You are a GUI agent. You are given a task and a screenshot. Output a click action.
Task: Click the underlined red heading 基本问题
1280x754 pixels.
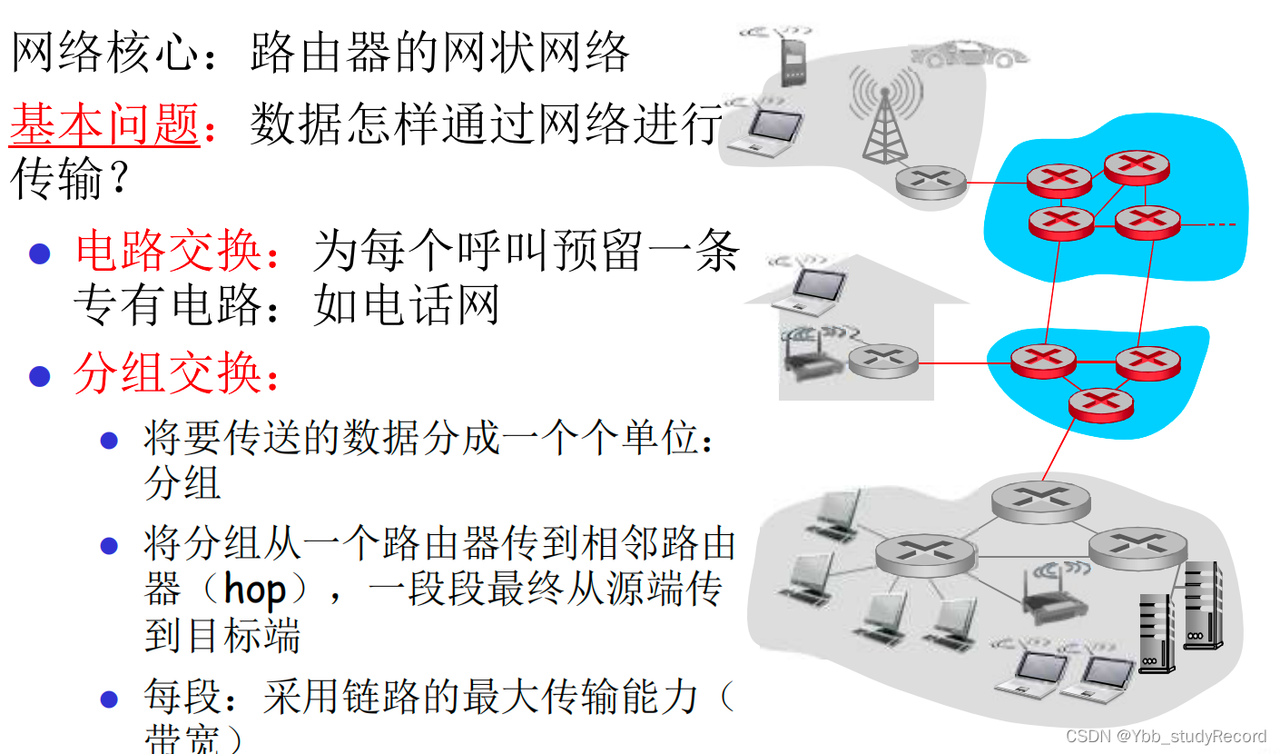pyautogui.click(x=104, y=124)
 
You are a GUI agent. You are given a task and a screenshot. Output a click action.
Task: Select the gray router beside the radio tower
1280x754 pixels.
pyautogui.click(x=930, y=182)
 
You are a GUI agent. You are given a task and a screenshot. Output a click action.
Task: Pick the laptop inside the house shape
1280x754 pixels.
pyautogui.click(x=822, y=286)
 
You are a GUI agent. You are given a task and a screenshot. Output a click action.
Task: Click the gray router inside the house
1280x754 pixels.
pyautogui.click(x=883, y=361)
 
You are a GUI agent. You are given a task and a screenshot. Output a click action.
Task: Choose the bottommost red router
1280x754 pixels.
pyautogui.click(x=1100, y=404)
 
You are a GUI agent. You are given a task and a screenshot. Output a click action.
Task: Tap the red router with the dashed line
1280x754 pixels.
pyautogui.click(x=1147, y=221)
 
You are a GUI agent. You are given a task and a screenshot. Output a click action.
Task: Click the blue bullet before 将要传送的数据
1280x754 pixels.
pyautogui.click(x=110, y=441)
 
